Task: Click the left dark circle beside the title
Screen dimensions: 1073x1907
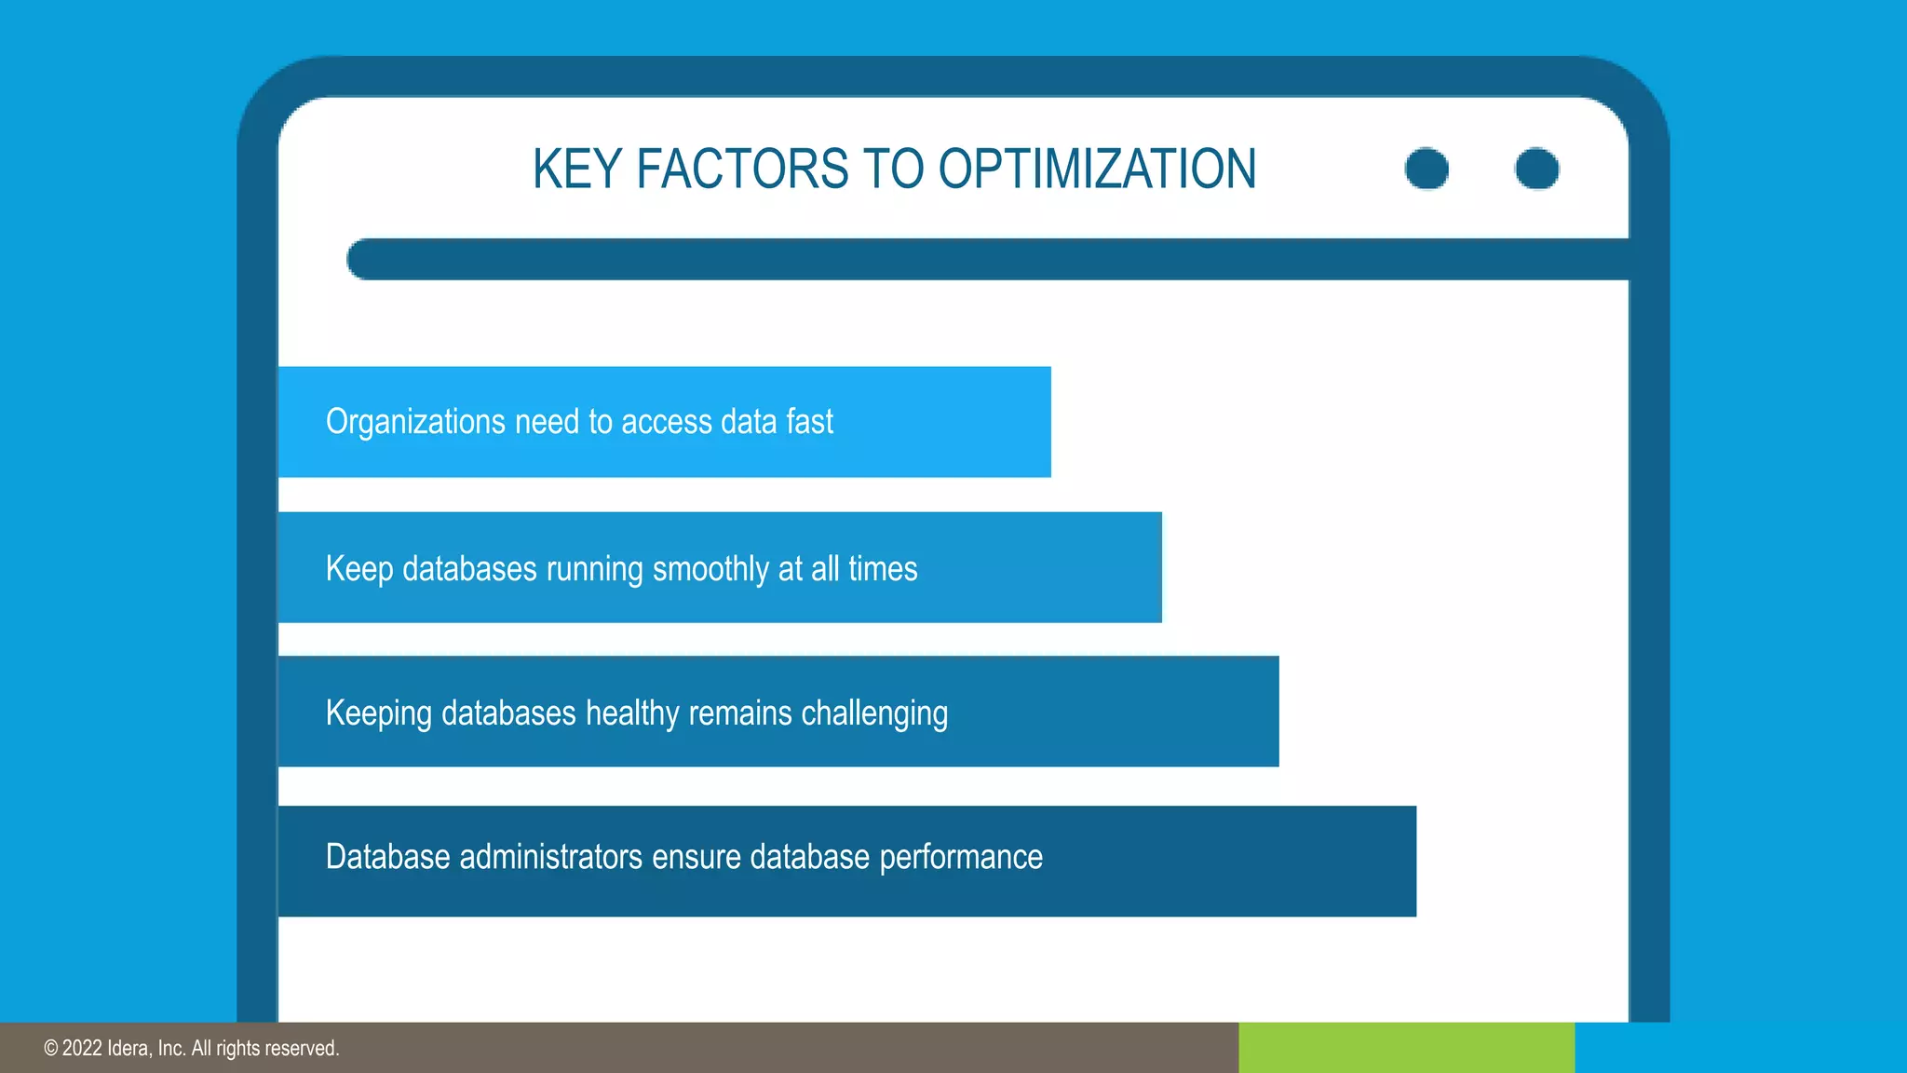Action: click(x=1427, y=169)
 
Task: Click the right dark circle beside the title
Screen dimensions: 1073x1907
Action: click(x=1536, y=169)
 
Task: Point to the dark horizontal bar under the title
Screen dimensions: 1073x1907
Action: click(x=987, y=259)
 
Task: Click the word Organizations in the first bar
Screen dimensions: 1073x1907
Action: click(x=415, y=422)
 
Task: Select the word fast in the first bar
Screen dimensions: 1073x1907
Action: click(x=809, y=422)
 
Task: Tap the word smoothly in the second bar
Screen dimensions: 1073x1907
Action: click(x=710, y=568)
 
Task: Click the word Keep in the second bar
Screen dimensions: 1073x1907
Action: click(x=359, y=568)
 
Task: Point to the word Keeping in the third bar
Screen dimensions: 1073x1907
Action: click(x=379, y=713)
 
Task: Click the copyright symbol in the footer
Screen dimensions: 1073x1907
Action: click(x=51, y=1049)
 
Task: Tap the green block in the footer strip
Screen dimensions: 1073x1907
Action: click(x=1406, y=1048)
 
